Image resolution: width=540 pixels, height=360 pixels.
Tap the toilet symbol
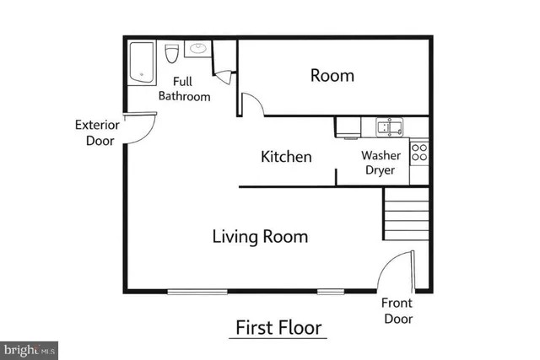coord(172,54)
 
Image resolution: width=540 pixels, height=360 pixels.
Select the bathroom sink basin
coord(197,49)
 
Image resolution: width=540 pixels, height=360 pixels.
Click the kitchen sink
coord(389,127)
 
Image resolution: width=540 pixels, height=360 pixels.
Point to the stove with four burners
coord(418,152)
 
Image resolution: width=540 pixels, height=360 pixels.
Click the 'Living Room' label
coord(259,237)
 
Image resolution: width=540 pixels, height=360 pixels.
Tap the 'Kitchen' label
coord(286,157)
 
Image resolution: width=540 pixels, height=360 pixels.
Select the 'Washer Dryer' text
coord(380,163)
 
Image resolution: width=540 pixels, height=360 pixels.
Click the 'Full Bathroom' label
coord(191,89)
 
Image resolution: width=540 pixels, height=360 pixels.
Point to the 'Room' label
coord(332,76)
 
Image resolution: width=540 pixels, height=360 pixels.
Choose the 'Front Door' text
coord(398,311)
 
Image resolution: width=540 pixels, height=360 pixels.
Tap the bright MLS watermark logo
coord(30,347)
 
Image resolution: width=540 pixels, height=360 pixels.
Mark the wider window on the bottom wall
coord(197,292)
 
